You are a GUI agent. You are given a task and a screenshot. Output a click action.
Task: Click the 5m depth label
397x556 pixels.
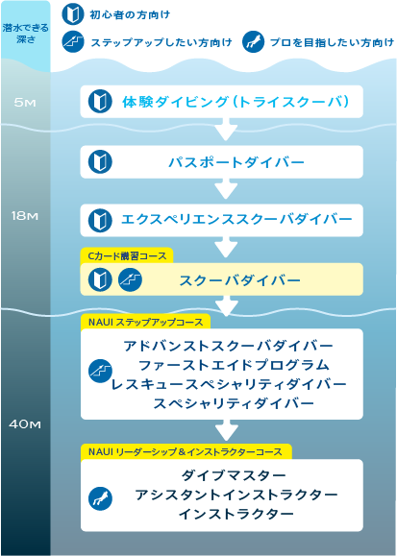pos(25,103)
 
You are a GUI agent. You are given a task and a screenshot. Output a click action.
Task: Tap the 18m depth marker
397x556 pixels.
pos(24,216)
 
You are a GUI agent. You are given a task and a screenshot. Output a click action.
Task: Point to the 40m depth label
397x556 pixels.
pos(24,424)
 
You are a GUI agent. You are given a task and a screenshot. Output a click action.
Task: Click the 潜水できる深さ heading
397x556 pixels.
pos(26,34)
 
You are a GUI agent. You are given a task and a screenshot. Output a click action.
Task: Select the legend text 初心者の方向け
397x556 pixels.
pos(130,15)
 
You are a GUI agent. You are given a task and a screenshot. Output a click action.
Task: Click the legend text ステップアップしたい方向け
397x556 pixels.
pos(161,42)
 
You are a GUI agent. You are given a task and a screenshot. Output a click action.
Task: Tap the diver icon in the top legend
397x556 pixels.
pos(253,42)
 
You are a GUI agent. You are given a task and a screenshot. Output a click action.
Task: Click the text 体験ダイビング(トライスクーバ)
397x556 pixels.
pos(236,102)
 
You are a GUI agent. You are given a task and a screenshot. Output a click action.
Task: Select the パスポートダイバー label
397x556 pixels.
pos(236,162)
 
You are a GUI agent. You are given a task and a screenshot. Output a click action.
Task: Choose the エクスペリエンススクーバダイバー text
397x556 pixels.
pos(236,219)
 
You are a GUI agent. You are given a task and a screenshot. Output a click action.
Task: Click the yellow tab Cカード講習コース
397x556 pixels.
pos(127,255)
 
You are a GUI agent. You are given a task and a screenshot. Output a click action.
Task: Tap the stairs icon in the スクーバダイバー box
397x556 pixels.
pos(130,279)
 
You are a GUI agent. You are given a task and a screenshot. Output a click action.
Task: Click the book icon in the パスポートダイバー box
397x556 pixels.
pos(100,161)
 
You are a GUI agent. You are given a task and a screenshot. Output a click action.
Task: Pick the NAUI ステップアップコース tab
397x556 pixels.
pos(145,322)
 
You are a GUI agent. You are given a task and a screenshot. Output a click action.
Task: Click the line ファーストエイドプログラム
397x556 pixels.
pos(234,365)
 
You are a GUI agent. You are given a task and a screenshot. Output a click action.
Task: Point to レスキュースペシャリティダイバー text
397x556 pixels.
pos(229,384)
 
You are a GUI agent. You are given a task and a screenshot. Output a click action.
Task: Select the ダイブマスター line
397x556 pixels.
pos(234,475)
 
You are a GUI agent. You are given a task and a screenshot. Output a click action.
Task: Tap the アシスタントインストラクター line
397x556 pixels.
pos(236,495)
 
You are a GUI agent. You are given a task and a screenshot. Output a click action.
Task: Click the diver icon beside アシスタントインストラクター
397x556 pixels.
pos(100,498)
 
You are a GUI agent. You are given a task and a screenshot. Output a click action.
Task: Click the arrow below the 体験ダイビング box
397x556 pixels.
pos(226,129)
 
